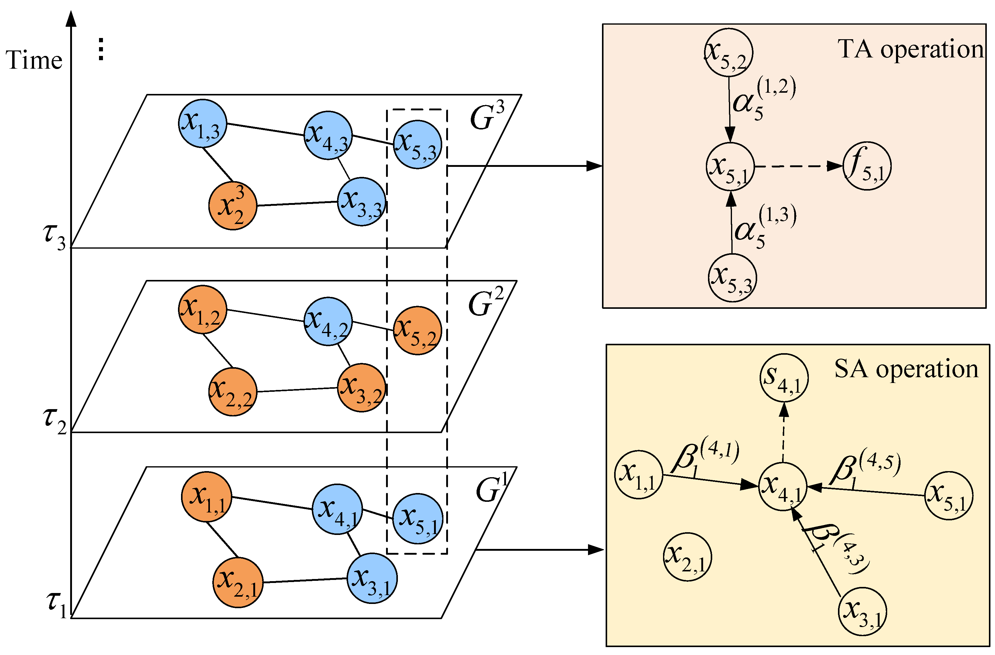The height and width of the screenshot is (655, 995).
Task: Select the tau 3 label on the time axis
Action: point(54,236)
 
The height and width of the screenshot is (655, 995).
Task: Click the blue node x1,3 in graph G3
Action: point(202,123)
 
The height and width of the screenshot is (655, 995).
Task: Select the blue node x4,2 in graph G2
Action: point(328,321)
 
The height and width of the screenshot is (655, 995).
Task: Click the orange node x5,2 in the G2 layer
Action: point(418,330)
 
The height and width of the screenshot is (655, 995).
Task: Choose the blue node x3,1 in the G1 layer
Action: point(372,578)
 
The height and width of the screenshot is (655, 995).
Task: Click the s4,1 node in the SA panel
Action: point(784,377)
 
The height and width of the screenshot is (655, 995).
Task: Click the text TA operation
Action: point(911,49)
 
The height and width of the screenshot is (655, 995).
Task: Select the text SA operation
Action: point(906,369)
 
